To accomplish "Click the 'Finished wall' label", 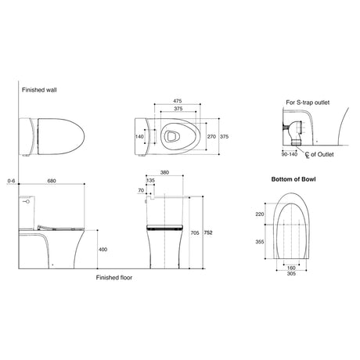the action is [39, 90].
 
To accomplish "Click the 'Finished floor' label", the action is [114, 278].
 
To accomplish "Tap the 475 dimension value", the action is [178, 101].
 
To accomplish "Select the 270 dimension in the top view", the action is [211, 136].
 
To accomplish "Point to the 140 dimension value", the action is [139, 136].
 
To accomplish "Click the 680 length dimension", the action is [52, 181].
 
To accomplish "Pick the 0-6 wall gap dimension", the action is [12, 181].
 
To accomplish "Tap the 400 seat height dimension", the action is [103, 250].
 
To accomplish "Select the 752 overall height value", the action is [208, 232].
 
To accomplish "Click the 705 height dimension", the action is [195, 232].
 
